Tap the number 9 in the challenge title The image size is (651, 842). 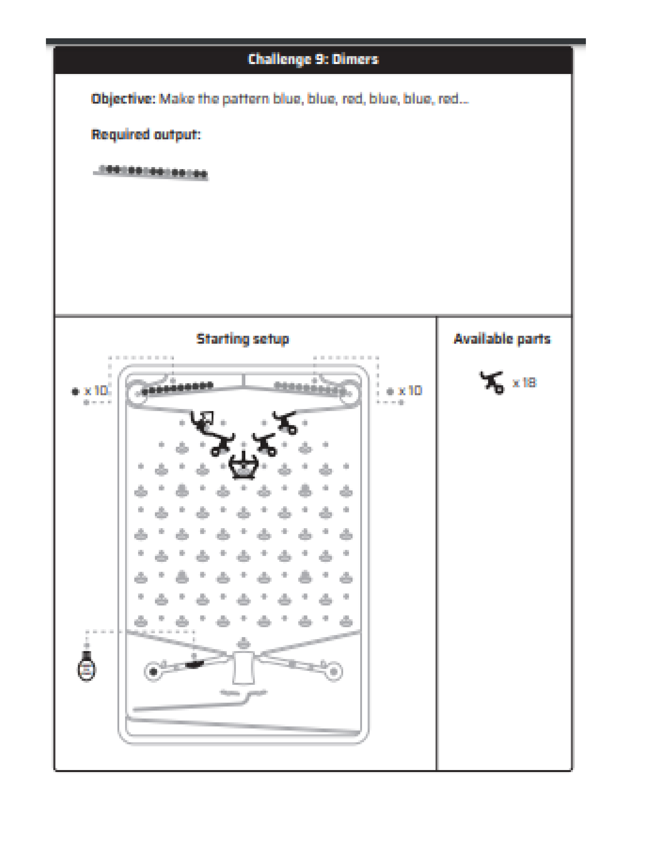[x=320, y=59]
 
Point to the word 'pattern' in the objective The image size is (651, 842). [x=245, y=99]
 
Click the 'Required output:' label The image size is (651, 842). [x=146, y=134]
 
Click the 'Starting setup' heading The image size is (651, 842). [x=243, y=339]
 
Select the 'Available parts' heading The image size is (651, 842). [x=502, y=339]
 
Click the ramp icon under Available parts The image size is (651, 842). [x=492, y=382]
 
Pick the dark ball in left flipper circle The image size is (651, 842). [x=153, y=672]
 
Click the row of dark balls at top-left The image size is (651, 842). [x=177, y=389]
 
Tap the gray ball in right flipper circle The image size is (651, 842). [x=334, y=672]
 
